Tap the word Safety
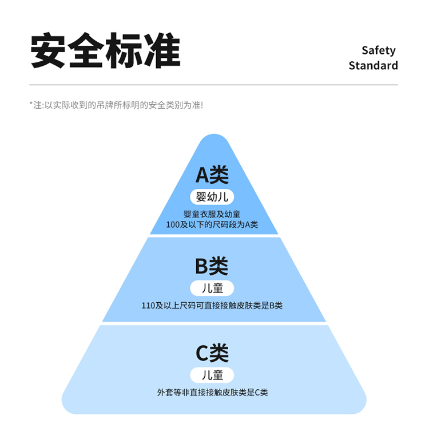tap(378, 50)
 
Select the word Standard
tap(373, 65)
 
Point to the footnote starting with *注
tap(116, 105)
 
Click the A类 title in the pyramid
tap(212, 175)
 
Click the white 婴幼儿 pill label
tap(212, 197)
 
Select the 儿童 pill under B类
tap(212, 288)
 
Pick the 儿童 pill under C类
tap(212, 375)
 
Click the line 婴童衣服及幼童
tap(212, 215)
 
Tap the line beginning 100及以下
tap(212, 224)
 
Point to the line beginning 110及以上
tap(212, 306)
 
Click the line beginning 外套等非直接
tap(212, 393)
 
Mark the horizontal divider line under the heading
tap(214, 85)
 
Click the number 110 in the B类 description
tap(148, 306)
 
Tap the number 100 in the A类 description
tap(173, 224)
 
